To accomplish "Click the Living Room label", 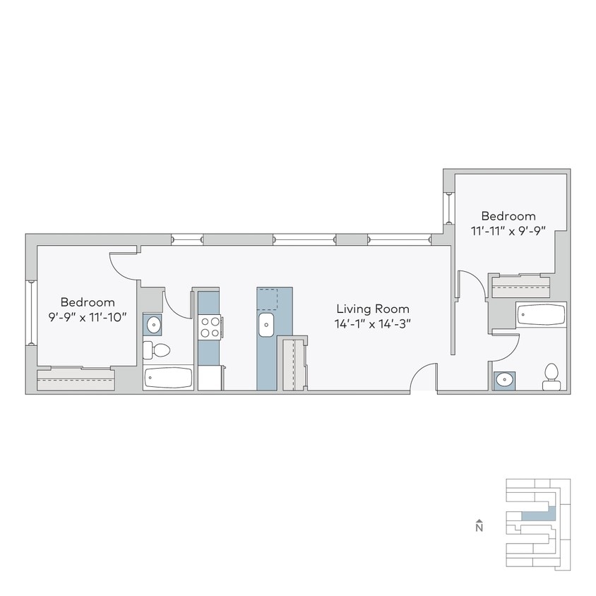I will pos(372,309).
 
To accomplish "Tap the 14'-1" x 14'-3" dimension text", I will pos(372,324).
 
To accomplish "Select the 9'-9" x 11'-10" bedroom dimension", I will pos(88,317).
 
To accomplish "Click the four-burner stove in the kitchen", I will pos(210,327).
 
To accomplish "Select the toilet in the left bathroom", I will pos(157,350).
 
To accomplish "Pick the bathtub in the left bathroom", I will pos(168,378).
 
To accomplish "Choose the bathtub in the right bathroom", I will pos(541,314).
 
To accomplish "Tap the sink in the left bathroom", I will pos(153,325).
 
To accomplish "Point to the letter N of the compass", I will pos(479,527).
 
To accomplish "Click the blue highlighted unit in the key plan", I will pos(538,515).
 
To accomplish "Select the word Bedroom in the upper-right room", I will pos(508,215).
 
